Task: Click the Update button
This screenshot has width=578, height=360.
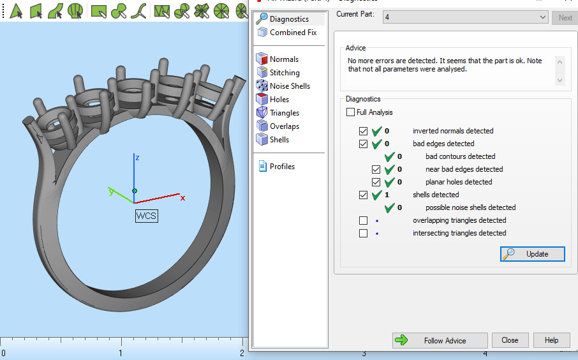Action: [x=533, y=254]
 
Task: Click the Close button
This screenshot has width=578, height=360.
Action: [x=510, y=340]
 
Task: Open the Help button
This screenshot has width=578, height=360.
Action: [x=551, y=340]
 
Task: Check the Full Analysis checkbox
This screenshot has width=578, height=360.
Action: [x=351, y=112]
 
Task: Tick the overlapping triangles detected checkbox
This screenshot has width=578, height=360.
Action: [x=364, y=220]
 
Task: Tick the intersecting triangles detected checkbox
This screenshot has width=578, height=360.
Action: [x=364, y=233]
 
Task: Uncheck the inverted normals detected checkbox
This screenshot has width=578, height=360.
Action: [x=364, y=131]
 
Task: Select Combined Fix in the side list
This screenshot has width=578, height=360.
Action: [x=292, y=33]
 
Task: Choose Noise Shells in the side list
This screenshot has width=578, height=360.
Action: [x=289, y=86]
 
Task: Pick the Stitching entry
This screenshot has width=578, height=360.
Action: [x=284, y=73]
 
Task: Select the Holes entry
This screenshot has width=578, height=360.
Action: [x=279, y=100]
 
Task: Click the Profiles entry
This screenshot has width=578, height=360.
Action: [x=281, y=167]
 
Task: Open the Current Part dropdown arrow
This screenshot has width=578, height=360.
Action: [x=542, y=17]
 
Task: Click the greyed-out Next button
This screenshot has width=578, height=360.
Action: [x=565, y=17]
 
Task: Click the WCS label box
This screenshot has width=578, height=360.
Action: [x=146, y=216]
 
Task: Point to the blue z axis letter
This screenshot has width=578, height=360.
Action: [x=137, y=157]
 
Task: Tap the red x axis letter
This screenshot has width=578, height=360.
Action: [x=182, y=198]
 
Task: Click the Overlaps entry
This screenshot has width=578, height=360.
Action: [x=284, y=126]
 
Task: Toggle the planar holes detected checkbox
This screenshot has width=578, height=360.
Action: [x=376, y=182]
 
